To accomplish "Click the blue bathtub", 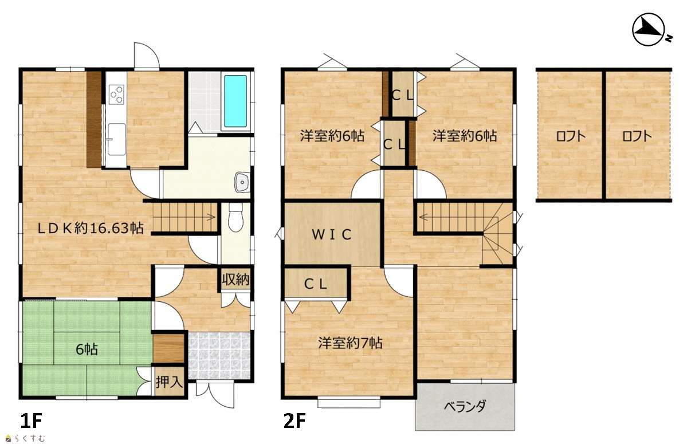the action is click(235, 101).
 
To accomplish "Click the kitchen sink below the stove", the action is click(116, 139).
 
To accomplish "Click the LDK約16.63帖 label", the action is click(91, 227).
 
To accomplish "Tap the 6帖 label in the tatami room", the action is click(87, 349).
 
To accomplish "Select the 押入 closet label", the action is click(168, 382).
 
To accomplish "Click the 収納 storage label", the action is click(235, 280).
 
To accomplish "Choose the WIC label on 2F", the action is click(332, 235).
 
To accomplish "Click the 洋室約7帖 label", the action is click(350, 343).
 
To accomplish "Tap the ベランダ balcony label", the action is click(465, 407).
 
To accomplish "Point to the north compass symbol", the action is click(649, 30).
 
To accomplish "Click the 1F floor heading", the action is click(31, 421).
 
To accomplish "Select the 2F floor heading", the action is click(295, 421).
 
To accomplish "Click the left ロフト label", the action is click(571, 136).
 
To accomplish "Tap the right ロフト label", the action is click(637, 136).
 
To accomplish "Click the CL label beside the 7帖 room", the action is click(316, 284).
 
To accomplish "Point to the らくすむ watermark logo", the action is click(25, 438).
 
